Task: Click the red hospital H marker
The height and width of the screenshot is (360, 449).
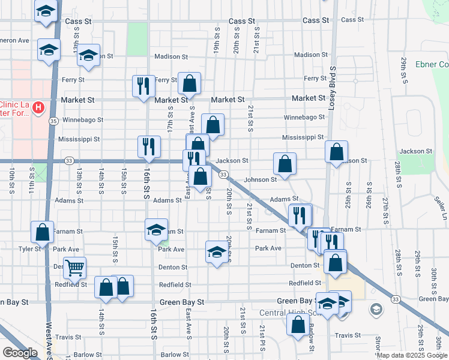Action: (38, 108)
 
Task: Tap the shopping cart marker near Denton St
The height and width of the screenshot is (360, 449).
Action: (74, 268)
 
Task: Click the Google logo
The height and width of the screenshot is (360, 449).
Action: (20, 353)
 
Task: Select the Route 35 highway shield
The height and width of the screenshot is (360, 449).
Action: (54, 121)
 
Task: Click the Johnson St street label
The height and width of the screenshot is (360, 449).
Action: (260, 179)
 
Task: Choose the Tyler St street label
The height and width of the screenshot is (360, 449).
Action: (28, 248)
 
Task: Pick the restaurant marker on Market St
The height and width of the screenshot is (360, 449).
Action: (143, 86)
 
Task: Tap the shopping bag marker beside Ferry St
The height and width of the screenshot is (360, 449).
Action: (189, 83)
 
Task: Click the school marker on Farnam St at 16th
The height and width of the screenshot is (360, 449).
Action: (156, 229)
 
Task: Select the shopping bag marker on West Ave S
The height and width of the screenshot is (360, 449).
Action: (43, 232)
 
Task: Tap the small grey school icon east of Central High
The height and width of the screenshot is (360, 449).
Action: (376, 310)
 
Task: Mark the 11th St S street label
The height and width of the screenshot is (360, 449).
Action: (32, 182)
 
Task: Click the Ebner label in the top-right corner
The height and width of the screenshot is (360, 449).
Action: (436, 65)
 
